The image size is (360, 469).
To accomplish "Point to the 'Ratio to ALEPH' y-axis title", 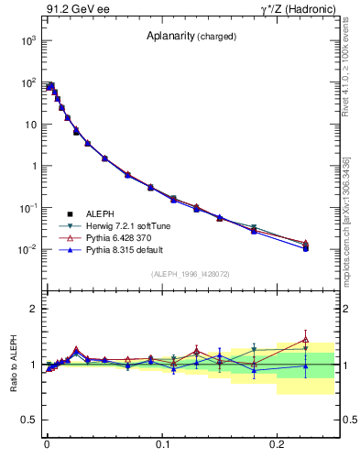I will click(14, 363).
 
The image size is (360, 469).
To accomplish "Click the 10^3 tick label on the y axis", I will click(26, 41).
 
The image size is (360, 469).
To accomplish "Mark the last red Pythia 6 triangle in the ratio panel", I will click(306, 340).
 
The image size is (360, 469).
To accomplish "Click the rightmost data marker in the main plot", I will click(306, 247).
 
